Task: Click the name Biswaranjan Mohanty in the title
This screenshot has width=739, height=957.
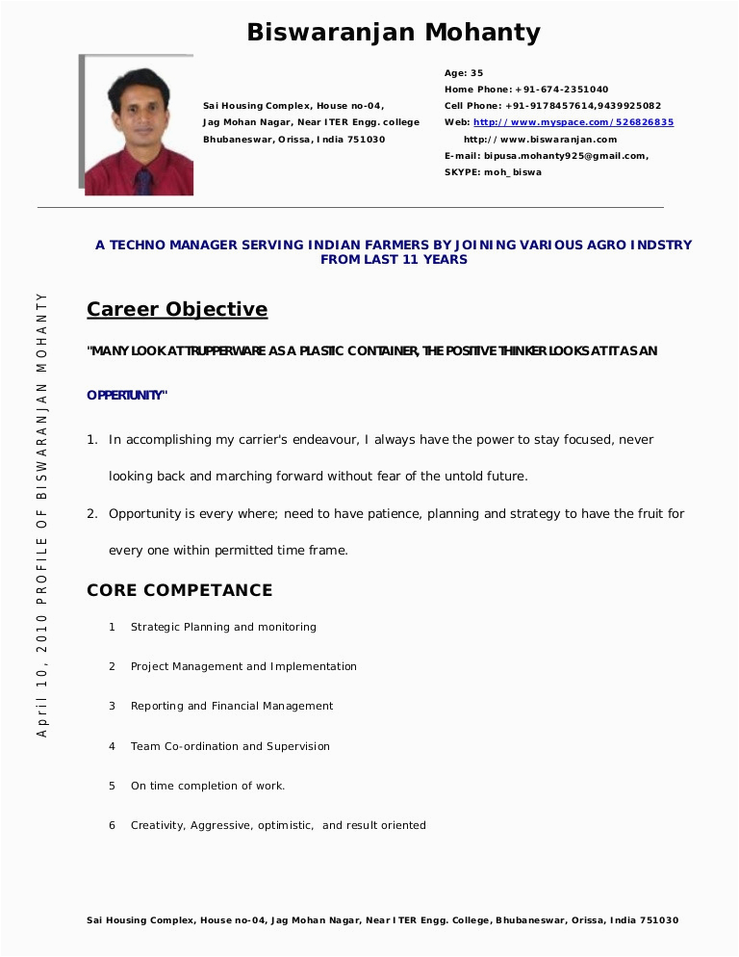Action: click(x=394, y=33)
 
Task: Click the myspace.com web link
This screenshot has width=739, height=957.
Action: click(x=573, y=122)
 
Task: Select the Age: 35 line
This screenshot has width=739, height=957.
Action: click(x=464, y=73)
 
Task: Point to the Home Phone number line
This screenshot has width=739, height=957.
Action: click(x=525, y=90)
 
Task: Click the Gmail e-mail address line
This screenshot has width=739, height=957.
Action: click(x=546, y=156)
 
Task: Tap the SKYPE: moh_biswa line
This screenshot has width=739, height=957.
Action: click(x=493, y=172)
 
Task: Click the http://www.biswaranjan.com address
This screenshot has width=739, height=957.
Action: click(x=540, y=140)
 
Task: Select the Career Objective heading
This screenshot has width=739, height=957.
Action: click(x=177, y=309)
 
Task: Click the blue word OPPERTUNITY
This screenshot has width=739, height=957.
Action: click(x=126, y=396)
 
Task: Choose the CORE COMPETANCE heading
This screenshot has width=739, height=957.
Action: click(x=179, y=590)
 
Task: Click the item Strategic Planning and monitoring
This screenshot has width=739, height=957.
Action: click(x=223, y=627)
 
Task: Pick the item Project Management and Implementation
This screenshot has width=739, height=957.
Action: click(x=243, y=666)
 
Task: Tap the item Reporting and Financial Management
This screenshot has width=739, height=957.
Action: click(x=232, y=706)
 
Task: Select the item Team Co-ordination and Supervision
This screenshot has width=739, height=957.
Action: click(x=230, y=746)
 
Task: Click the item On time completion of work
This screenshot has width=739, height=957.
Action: click(x=208, y=786)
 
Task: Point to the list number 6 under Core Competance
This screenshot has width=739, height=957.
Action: click(x=112, y=825)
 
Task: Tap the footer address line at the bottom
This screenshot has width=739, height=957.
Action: click(x=382, y=920)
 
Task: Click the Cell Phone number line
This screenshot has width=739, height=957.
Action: click(x=552, y=106)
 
